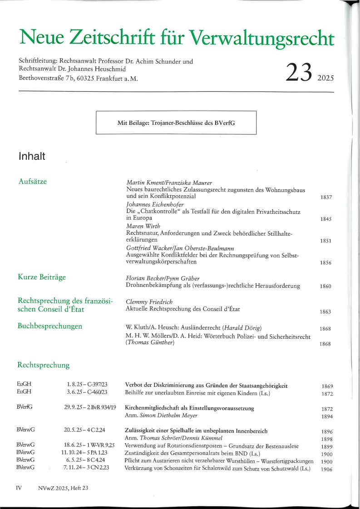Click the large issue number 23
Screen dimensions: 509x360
point(299,72)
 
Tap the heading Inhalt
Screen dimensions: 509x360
point(32,156)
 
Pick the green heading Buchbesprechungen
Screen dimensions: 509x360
point(50,326)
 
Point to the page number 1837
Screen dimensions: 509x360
point(326,198)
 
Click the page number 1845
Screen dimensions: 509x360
point(326,219)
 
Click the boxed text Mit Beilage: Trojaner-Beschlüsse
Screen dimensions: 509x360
point(176,123)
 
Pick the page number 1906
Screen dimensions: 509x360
point(326,469)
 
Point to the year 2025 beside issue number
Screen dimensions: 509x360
point(325,78)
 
